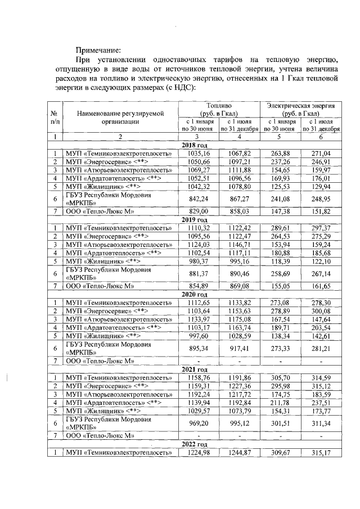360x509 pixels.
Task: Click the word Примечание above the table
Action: click(98, 48)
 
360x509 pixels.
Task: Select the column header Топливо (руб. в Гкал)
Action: click(219, 109)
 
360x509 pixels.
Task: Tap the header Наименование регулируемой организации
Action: click(120, 116)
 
